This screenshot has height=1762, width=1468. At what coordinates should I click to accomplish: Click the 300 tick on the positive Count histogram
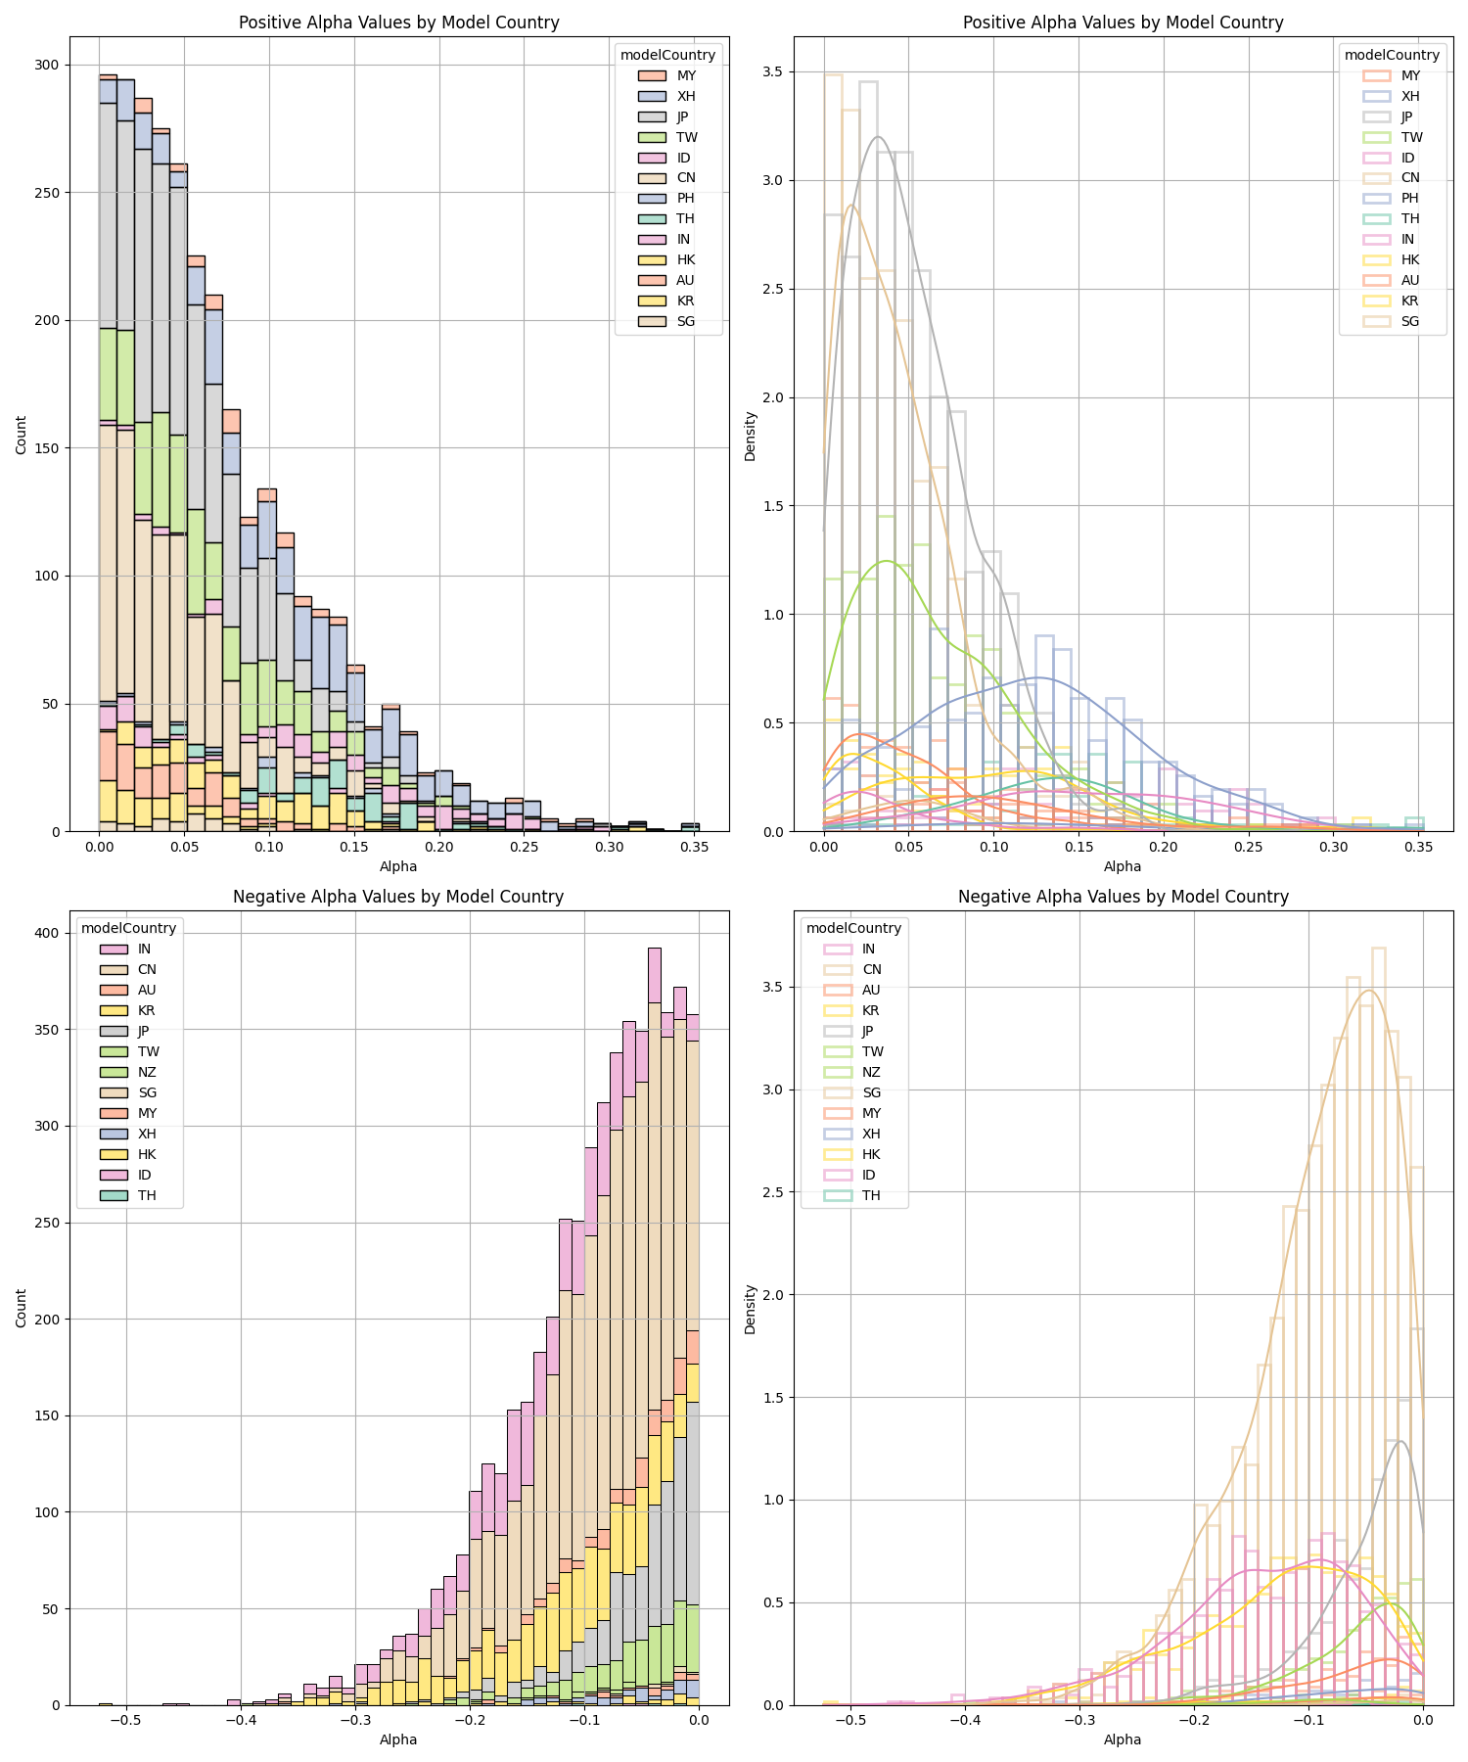pyautogui.click(x=47, y=65)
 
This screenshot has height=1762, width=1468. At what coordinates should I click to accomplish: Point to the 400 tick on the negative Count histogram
pyautogui.click(x=47, y=933)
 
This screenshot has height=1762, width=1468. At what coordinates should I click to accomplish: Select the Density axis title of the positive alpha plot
pyautogui.click(x=751, y=436)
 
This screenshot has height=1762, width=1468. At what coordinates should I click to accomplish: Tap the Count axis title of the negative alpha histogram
pyautogui.click(x=22, y=1308)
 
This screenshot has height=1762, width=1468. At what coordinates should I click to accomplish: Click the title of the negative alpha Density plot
pyautogui.click(x=1123, y=897)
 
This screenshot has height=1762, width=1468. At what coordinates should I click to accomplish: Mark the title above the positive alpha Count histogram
pyautogui.click(x=398, y=23)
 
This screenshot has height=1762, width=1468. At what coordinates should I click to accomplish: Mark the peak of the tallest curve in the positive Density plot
pyautogui.click(x=878, y=137)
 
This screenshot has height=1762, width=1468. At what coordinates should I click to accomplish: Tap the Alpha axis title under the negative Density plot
pyautogui.click(x=1123, y=1739)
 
